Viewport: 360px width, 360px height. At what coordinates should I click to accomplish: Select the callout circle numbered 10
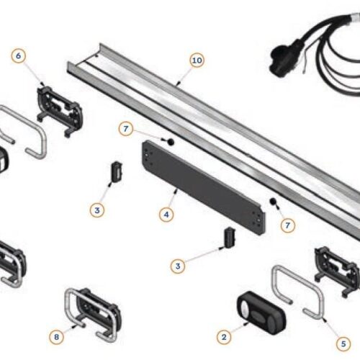(197, 61)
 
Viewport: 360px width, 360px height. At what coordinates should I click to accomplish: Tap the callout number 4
(167, 214)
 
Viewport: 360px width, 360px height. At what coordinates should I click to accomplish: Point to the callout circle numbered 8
(57, 315)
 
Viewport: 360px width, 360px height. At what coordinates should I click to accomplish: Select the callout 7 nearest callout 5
(287, 225)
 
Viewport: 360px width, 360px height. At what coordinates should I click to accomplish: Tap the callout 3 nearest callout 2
(177, 266)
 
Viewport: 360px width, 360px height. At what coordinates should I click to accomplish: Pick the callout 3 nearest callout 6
(97, 210)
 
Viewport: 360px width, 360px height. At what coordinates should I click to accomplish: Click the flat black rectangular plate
(202, 188)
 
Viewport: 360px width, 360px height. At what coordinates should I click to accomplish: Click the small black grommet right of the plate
(273, 201)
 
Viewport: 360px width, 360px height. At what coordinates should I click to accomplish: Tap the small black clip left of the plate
(114, 173)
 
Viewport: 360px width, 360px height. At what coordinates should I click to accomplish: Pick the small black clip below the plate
(228, 237)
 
